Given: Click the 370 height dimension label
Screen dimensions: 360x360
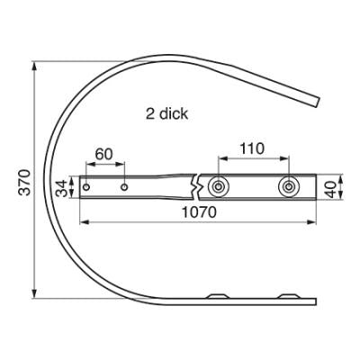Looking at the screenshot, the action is [x=24, y=183].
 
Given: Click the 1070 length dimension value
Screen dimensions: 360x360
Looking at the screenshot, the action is [x=199, y=212].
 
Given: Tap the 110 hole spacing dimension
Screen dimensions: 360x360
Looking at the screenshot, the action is [x=252, y=148].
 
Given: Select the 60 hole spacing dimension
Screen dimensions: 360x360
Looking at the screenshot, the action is [x=103, y=154].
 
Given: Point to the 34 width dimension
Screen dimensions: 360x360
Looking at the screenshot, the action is [x=62, y=188].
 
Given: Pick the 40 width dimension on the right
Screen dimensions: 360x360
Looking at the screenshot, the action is [x=331, y=189].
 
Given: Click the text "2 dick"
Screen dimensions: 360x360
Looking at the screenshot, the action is [x=166, y=114].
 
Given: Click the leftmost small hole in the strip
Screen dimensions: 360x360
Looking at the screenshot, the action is [x=86, y=187].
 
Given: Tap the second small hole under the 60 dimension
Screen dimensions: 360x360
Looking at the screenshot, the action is [x=124, y=187].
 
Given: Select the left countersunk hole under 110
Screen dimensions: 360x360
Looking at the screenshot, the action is [x=218, y=187].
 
